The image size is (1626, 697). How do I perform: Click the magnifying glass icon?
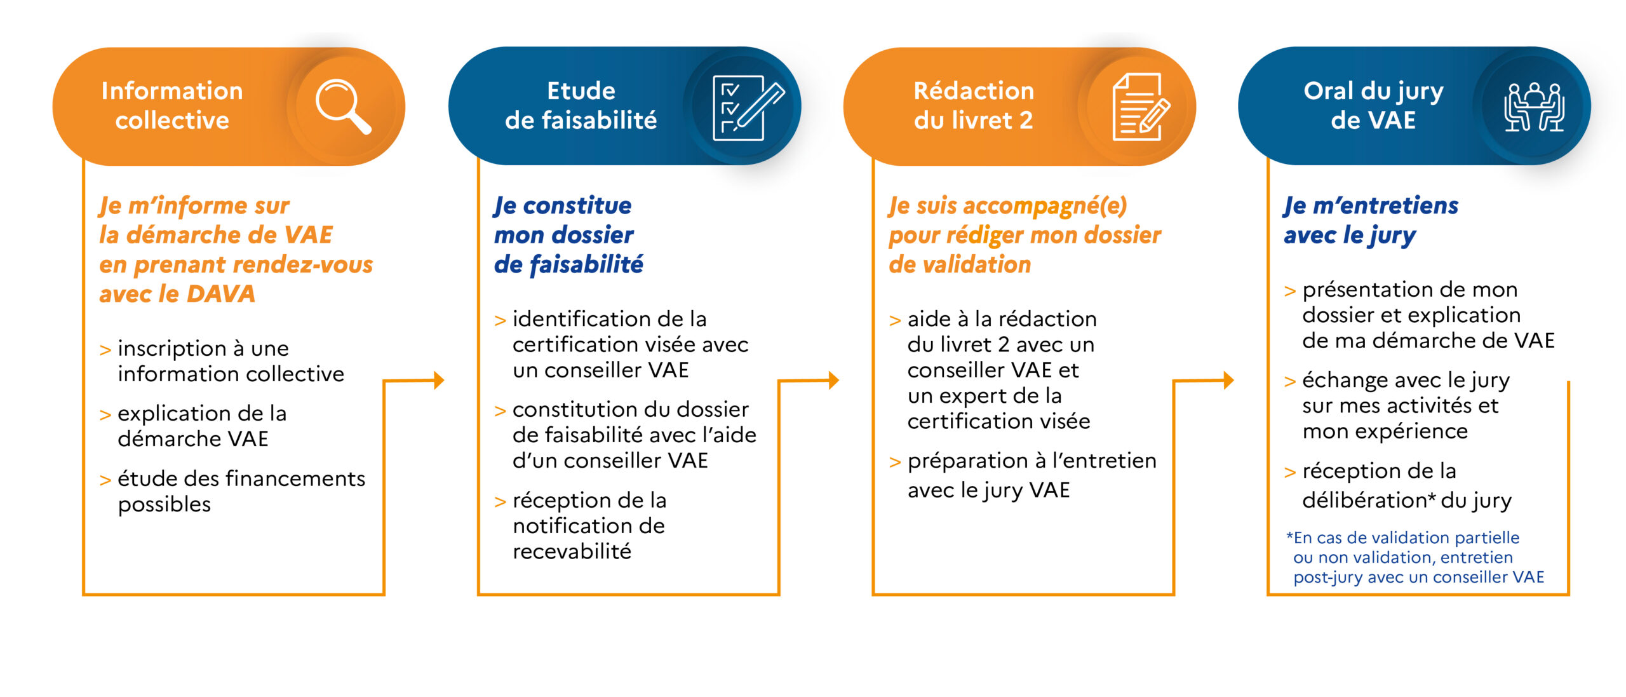coord(342,106)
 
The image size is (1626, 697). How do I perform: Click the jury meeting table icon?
coord(1534,107)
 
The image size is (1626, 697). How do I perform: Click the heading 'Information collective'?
coord(172,105)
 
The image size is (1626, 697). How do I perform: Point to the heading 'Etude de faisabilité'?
coord(581,105)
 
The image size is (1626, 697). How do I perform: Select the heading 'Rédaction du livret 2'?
coord(974,105)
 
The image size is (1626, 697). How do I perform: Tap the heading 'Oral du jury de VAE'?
coord(1373,105)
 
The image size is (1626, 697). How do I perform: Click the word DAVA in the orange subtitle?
coord(221,294)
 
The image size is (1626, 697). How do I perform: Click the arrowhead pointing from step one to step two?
coord(439,381)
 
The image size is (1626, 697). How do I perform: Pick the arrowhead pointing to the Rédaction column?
coord(834,381)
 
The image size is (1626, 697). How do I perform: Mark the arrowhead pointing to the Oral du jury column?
coord(1228,381)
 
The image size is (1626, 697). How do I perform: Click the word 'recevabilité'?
coord(572,552)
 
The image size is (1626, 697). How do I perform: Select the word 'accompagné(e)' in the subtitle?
coord(1045,206)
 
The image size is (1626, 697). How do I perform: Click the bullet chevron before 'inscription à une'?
coord(105,350)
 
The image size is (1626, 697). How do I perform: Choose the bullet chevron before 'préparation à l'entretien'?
coord(895,463)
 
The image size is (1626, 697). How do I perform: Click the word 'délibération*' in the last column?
coord(1369,500)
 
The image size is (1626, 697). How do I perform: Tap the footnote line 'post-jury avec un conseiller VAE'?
coord(1418,577)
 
